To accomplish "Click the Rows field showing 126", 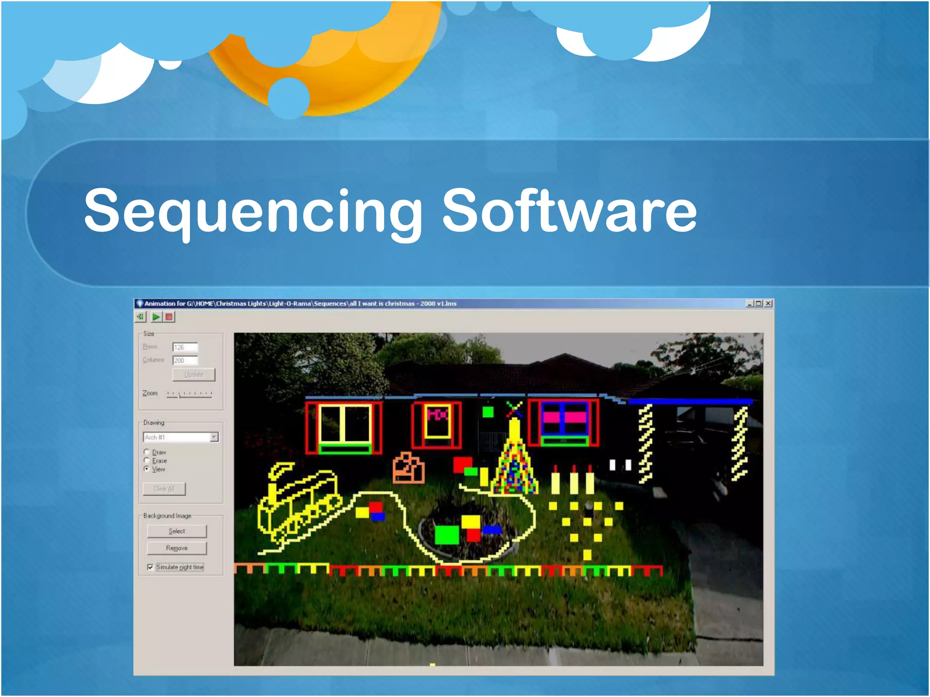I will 185,347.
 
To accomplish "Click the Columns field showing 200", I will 185,360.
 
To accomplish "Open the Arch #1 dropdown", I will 214,437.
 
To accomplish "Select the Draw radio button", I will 147,452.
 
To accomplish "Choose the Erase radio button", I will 147,460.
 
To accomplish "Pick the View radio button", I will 147,469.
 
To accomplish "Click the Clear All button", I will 164,489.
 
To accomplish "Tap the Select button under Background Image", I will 177,531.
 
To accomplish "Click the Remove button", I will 177,548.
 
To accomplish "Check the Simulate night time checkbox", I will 150,567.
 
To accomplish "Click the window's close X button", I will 768,304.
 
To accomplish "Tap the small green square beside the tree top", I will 488,412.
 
